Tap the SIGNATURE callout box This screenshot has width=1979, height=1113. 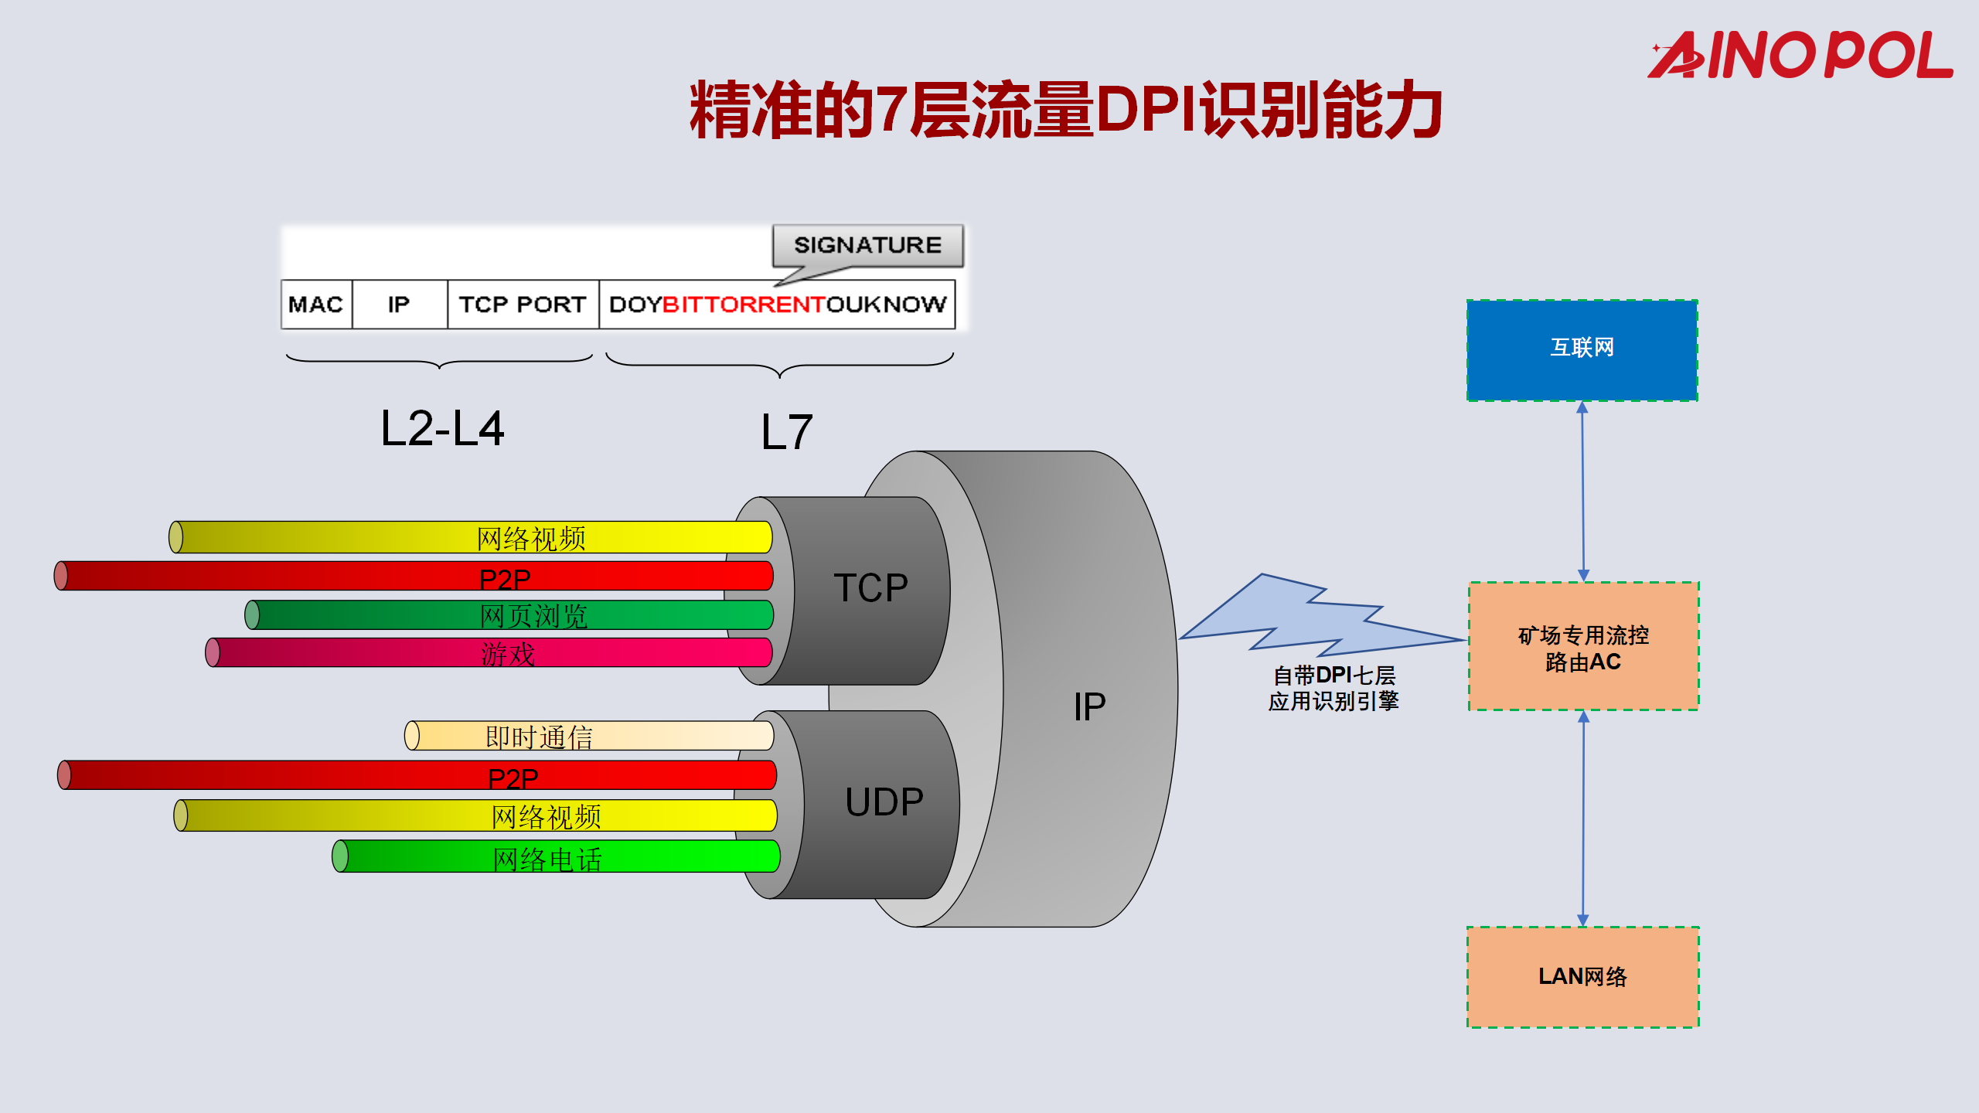tap(867, 245)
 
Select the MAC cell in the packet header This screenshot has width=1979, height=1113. tap(315, 305)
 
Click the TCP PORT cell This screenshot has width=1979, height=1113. tap(523, 305)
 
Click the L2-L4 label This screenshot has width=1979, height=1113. tap(442, 429)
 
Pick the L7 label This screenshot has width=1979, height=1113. tap(786, 432)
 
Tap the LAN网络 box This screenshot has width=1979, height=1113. tap(1582, 977)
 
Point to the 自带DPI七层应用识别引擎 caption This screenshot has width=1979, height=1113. tap(1334, 688)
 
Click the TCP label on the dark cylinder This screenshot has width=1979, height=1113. tap(870, 588)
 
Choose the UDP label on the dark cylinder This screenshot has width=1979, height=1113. tap(884, 802)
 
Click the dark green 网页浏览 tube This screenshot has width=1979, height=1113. tap(510, 615)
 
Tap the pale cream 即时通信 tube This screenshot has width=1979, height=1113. tap(588, 736)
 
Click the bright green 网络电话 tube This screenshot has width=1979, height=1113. tap(557, 856)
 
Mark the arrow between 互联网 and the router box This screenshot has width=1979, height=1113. tap(1582, 492)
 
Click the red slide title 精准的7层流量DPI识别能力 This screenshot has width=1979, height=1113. tap(1066, 111)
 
